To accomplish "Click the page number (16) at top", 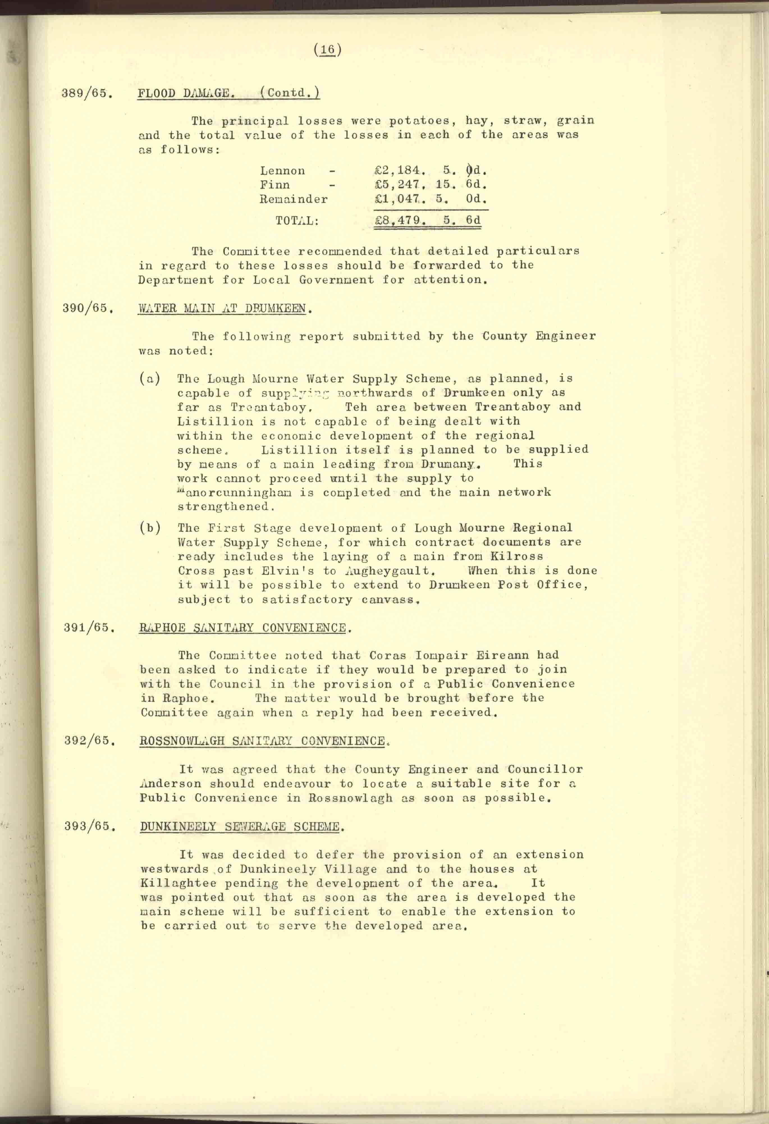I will tap(328, 50).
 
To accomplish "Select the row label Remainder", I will tap(294, 199).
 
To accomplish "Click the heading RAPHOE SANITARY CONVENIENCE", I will tap(243, 628).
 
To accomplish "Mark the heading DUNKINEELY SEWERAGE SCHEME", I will tap(240, 826).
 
